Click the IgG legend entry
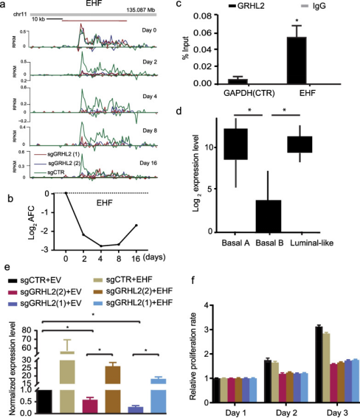pyautogui.click(x=309, y=5)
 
